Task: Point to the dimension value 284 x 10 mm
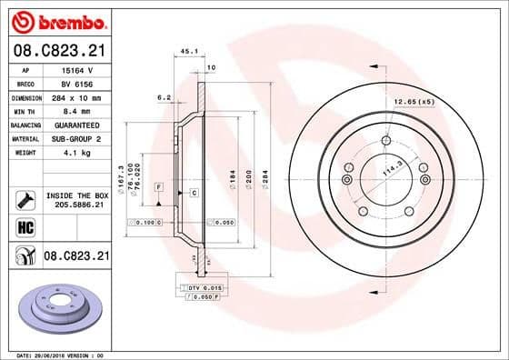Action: (77, 96)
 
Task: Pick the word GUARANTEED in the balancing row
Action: (78, 125)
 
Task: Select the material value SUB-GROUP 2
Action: (78, 138)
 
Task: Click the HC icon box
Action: (25, 226)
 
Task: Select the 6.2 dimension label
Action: (164, 95)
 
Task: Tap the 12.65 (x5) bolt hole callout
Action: (414, 101)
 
